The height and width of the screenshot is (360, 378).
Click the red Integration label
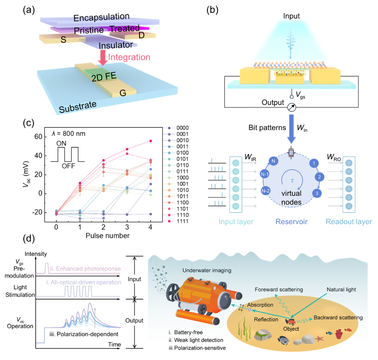(x=129, y=57)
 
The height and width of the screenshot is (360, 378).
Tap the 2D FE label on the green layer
(x=104, y=77)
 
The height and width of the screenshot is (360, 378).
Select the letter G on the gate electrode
(x=123, y=93)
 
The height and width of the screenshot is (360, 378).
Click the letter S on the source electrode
(x=63, y=40)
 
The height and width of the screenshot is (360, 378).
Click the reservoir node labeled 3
(x=317, y=193)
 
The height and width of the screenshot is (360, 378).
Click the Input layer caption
(x=236, y=222)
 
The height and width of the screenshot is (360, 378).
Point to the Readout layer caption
(x=349, y=222)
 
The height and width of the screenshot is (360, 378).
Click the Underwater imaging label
(x=207, y=270)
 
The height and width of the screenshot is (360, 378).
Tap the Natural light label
(x=341, y=289)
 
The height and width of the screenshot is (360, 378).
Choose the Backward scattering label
(x=338, y=318)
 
